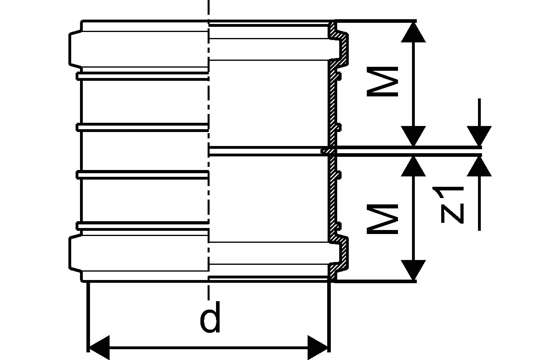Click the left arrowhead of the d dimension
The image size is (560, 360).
pos(98,347)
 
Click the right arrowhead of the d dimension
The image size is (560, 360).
pos(318,347)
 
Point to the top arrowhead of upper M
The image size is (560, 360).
pos(413,32)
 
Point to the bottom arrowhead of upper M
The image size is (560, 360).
pos(413,136)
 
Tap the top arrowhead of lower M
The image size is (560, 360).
pos(413,166)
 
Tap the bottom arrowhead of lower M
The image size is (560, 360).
pos(413,270)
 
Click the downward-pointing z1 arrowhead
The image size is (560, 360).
pos(479,136)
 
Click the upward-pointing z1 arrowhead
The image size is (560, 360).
pos(479,166)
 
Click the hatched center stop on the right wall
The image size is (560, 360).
pos(328,151)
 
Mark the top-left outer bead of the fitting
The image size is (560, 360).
pos(76,49)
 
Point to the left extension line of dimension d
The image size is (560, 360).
pos(87,316)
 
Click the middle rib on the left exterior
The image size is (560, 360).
pos(142,127)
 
